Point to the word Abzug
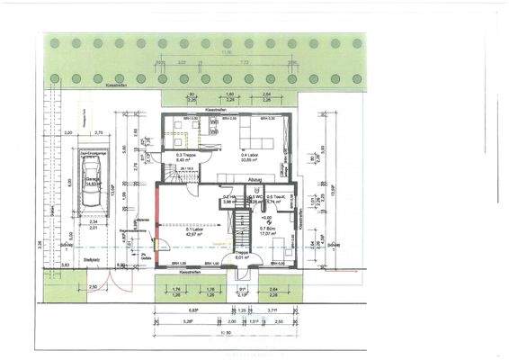pos(254,180)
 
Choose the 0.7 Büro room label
pos(268,230)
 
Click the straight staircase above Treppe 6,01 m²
pos(240,232)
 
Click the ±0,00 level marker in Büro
pos(266,218)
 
